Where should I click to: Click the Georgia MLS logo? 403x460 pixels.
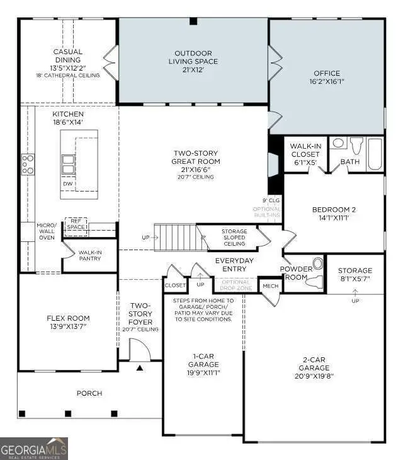tap(34, 449)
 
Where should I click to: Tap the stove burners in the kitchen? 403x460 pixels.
tap(28, 164)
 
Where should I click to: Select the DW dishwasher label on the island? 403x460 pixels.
tap(67, 183)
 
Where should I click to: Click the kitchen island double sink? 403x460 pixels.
tap(68, 164)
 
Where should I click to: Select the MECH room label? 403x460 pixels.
tap(270, 286)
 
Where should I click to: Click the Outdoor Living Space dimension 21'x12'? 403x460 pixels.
tap(193, 71)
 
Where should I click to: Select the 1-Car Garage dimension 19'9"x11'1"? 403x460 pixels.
tap(203, 372)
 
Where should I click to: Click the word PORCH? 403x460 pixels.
tap(89, 393)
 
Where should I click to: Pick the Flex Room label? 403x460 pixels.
tap(68, 323)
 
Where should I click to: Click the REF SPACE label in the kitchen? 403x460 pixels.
tap(76, 224)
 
